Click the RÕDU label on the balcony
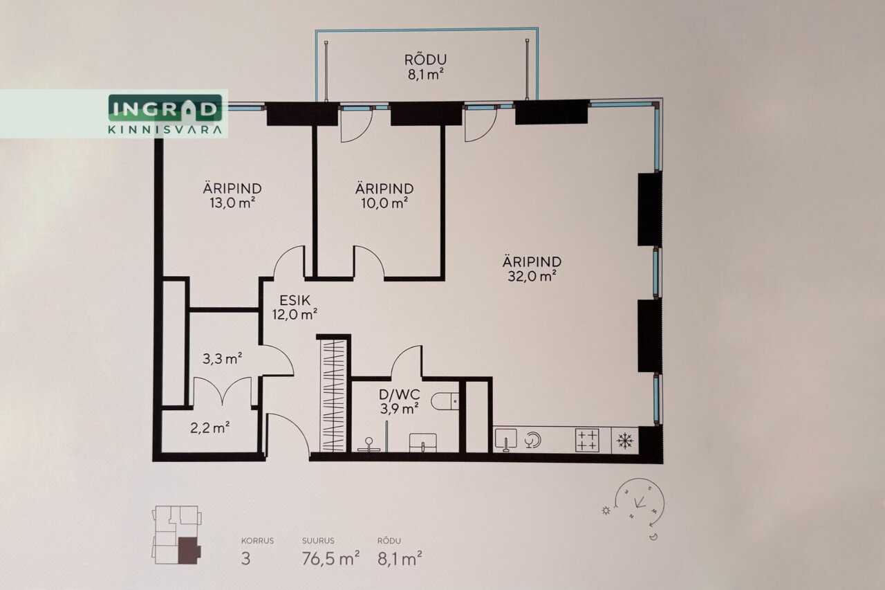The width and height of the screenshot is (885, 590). [425, 60]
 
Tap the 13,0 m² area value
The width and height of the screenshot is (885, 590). [232, 203]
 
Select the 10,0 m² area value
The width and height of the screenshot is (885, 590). [384, 203]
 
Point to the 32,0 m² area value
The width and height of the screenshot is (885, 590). [532, 276]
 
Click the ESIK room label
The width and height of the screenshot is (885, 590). [295, 300]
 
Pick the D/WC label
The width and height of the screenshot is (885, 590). [400, 394]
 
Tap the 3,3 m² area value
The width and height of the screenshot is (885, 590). [223, 359]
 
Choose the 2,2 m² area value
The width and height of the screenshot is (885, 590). [210, 428]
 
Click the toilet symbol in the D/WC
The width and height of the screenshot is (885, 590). [445, 401]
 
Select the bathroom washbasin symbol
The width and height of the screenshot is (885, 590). [422, 443]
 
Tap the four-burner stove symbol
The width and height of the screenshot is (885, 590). [587, 440]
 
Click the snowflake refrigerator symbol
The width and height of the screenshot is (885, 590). [625, 441]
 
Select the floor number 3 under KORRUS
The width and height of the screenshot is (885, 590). [245, 559]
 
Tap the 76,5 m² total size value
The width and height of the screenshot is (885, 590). [330, 559]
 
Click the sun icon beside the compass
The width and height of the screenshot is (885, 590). [606, 510]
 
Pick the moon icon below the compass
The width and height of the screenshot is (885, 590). [653, 537]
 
